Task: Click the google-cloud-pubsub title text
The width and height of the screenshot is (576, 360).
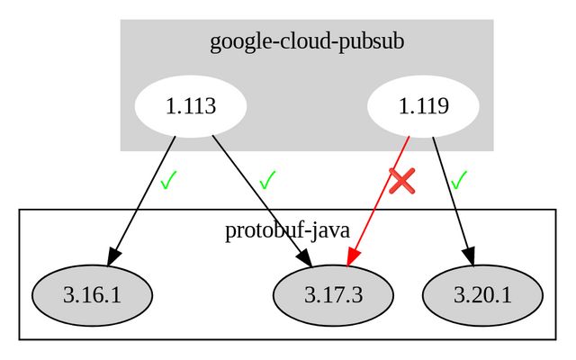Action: click(x=307, y=41)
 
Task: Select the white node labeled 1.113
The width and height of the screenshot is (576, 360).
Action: click(x=191, y=106)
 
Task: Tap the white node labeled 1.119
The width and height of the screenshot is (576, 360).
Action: click(x=423, y=106)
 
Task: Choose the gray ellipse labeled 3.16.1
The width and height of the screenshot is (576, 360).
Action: click(x=92, y=294)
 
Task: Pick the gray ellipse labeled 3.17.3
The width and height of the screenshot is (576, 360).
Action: click(x=333, y=294)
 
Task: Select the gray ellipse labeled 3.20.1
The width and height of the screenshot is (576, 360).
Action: click(x=482, y=294)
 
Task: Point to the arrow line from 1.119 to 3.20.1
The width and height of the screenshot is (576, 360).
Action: click(x=450, y=193)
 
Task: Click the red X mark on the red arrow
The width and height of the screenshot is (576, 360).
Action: click(x=402, y=180)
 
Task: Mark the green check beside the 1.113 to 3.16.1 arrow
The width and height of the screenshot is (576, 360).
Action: click(x=167, y=181)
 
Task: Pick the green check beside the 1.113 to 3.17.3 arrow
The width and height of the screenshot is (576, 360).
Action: click(x=266, y=180)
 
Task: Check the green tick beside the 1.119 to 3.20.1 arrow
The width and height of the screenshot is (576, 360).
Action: click(x=459, y=180)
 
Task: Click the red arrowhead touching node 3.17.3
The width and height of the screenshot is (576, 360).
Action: click(x=352, y=256)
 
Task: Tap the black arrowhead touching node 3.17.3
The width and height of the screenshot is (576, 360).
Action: click(x=306, y=258)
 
